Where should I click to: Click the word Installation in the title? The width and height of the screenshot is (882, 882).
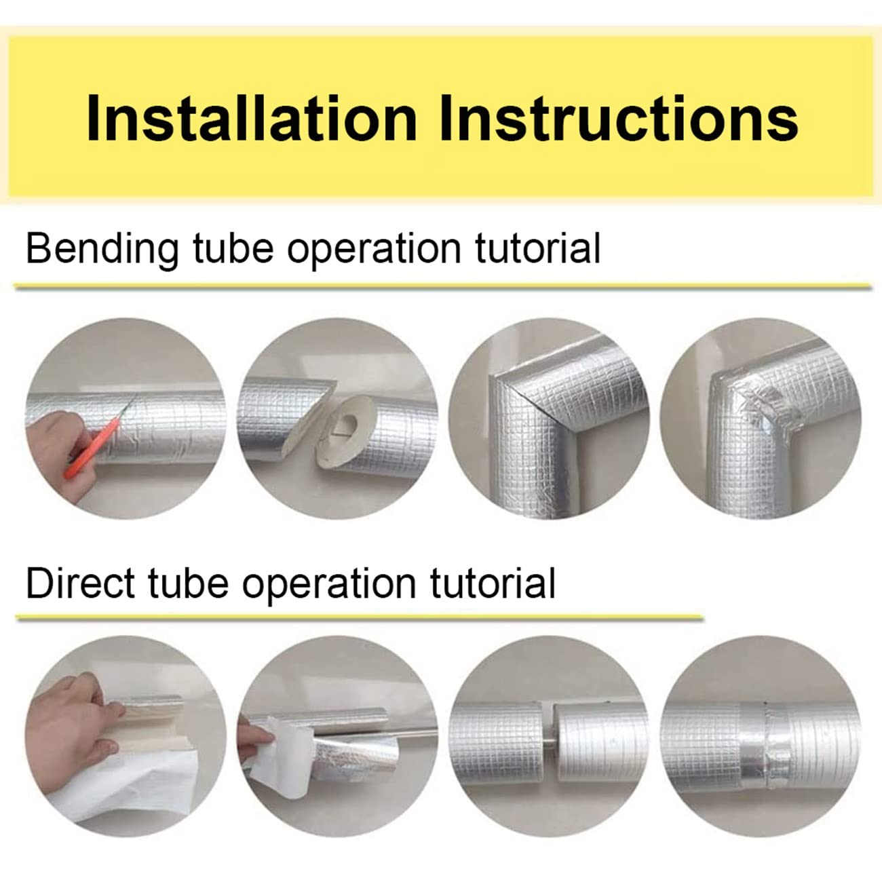pyautogui.click(x=251, y=117)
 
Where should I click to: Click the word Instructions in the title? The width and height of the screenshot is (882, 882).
pyautogui.click(x=619, y=117)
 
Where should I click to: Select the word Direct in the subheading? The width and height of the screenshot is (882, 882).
pyautogui.click(x=80, y=583)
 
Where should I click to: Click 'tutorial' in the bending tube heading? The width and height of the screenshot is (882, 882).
pyautogui.click(x=537, y=248)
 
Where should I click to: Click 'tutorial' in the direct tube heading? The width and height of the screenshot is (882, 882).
pyautogui.click(x=493, y=583)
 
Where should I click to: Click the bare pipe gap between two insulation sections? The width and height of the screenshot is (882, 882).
pyautogui.click(x=546, y=731)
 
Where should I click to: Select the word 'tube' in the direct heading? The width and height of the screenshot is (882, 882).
pyautogui.click(x=188, y=583)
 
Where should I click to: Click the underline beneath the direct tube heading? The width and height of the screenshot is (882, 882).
pyautogui.click(x=360, y=618)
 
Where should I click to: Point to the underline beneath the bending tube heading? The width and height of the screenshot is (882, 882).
pyautogui.click(x=443, y=286)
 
